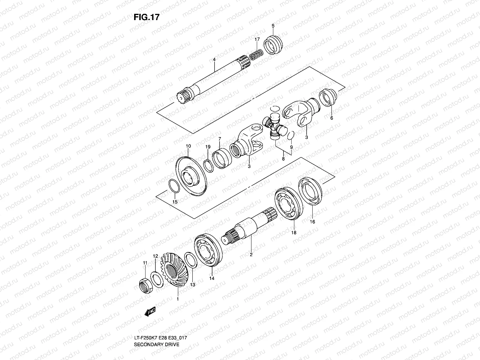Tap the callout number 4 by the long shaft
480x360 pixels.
[x=214, y=60]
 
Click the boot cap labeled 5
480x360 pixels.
[x=273, y=45]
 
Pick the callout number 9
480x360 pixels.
[x=291, y=147]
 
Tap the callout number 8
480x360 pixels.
[x=283, y=159]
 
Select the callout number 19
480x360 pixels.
[x=208, y=147]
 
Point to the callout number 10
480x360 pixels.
[x=188, y=146]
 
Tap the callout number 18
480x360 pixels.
[x=293, y=232]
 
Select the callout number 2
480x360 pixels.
[x=251, y=255]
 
